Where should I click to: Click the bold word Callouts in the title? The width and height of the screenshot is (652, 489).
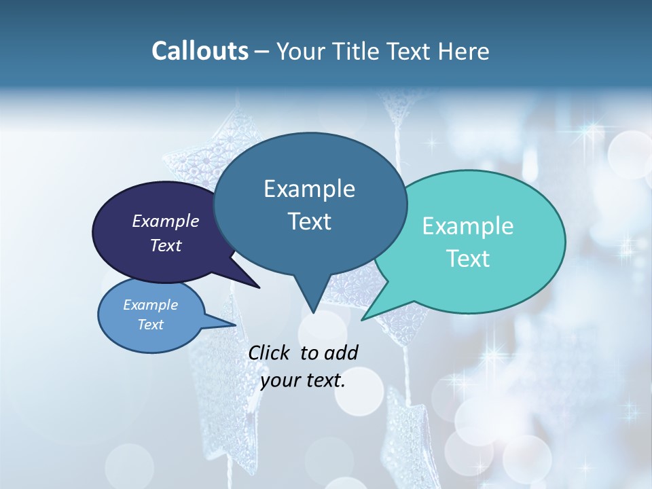[x=200, y=51]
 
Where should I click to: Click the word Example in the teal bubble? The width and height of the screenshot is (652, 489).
[x=468, y=226]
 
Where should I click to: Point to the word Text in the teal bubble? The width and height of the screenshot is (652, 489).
[x=468, y=259]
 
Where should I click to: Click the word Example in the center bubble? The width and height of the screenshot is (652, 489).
[x=309, y=189]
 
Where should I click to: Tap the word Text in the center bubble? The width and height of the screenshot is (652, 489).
[x=309, y=221]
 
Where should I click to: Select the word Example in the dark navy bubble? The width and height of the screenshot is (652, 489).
[x=166, y=221]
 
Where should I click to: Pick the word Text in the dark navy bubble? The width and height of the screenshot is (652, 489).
[x=166, y=245]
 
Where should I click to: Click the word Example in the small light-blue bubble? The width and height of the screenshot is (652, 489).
[x=150, y=305]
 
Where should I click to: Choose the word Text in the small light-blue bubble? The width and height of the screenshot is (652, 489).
[x=150, y=325]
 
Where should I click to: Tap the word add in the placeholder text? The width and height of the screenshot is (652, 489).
[x=342, y=352]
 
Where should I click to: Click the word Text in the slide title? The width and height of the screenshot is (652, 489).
[x=408, y=51]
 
